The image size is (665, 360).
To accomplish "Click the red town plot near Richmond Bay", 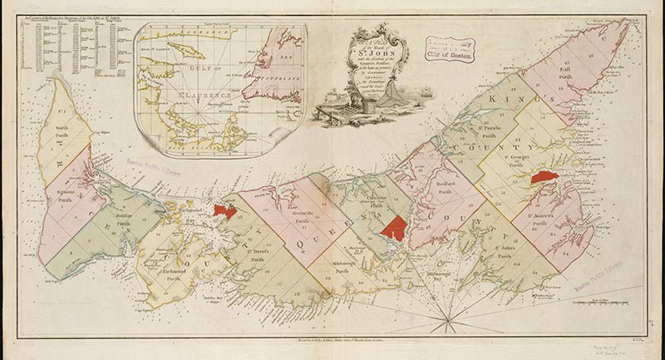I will (x=224, y=210).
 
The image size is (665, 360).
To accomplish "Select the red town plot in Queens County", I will (x=394, y=227).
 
